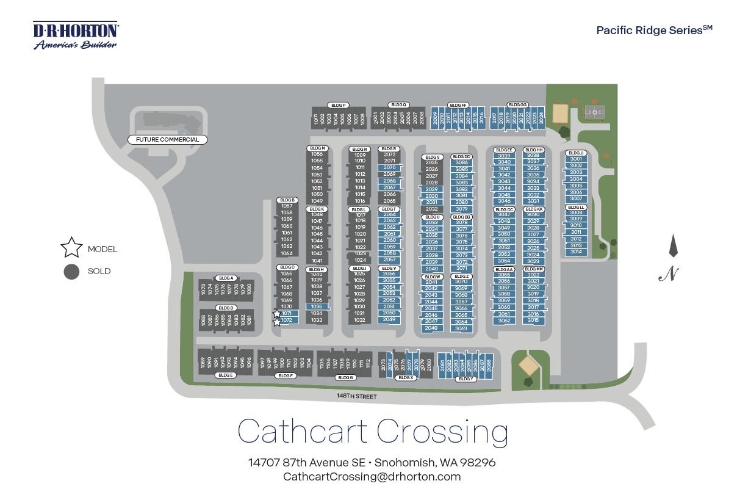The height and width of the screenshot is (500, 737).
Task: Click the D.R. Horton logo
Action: point(76,35)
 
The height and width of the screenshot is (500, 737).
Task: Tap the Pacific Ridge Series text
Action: point(653,30)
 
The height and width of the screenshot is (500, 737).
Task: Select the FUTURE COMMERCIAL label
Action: point(168,140)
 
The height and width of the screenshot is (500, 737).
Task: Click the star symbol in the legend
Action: point(71,247)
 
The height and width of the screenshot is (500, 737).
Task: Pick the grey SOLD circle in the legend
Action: point(71,272)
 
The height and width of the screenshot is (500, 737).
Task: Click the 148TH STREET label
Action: point(357,396)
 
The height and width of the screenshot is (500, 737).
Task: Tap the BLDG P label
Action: point(337,105)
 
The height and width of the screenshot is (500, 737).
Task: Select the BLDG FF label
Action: point(458,105)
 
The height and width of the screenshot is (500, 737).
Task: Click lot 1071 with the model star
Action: point(287,313)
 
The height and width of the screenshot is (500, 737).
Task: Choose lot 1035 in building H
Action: point(316,306)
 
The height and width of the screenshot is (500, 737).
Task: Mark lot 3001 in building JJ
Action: point(576,159)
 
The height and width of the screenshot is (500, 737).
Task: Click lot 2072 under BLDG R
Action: point(389,154)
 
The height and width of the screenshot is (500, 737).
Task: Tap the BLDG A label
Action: point(226,278)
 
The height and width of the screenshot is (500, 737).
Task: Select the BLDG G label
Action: point(345,377)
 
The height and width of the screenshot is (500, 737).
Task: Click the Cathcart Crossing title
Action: point(372,431)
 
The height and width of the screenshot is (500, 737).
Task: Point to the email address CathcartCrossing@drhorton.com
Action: point(372,477)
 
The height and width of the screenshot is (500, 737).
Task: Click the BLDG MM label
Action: point(534,269)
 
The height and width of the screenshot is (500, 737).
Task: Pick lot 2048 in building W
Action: point(431,328)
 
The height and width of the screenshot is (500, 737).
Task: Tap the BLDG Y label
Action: point(466,379)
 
